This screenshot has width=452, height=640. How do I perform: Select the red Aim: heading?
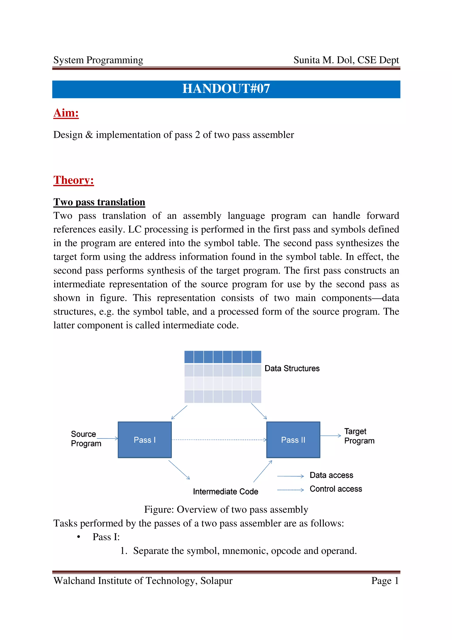tap(66, 113)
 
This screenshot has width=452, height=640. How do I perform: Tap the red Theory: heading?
tap(73, 180)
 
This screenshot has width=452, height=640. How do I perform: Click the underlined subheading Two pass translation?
tap(99, 202)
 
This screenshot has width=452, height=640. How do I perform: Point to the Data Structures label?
tap(292, 369)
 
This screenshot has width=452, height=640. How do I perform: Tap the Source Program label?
tap(86, 439)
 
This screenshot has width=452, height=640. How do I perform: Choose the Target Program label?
tap(359, 436)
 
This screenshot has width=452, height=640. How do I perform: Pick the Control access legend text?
tap(336, 489)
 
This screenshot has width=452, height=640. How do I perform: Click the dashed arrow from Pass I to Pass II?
tap(219, 440)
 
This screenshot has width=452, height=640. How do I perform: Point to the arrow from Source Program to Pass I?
tap(107, 438)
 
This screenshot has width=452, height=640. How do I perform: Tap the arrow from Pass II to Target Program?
tap(330, 436)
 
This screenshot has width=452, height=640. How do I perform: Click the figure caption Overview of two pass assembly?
tap(226, 509)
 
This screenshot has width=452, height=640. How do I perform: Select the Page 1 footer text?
tap(385, 581)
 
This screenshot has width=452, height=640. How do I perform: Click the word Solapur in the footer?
tap(216, 581)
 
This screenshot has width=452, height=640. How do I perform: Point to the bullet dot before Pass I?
tap(79, 537)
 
